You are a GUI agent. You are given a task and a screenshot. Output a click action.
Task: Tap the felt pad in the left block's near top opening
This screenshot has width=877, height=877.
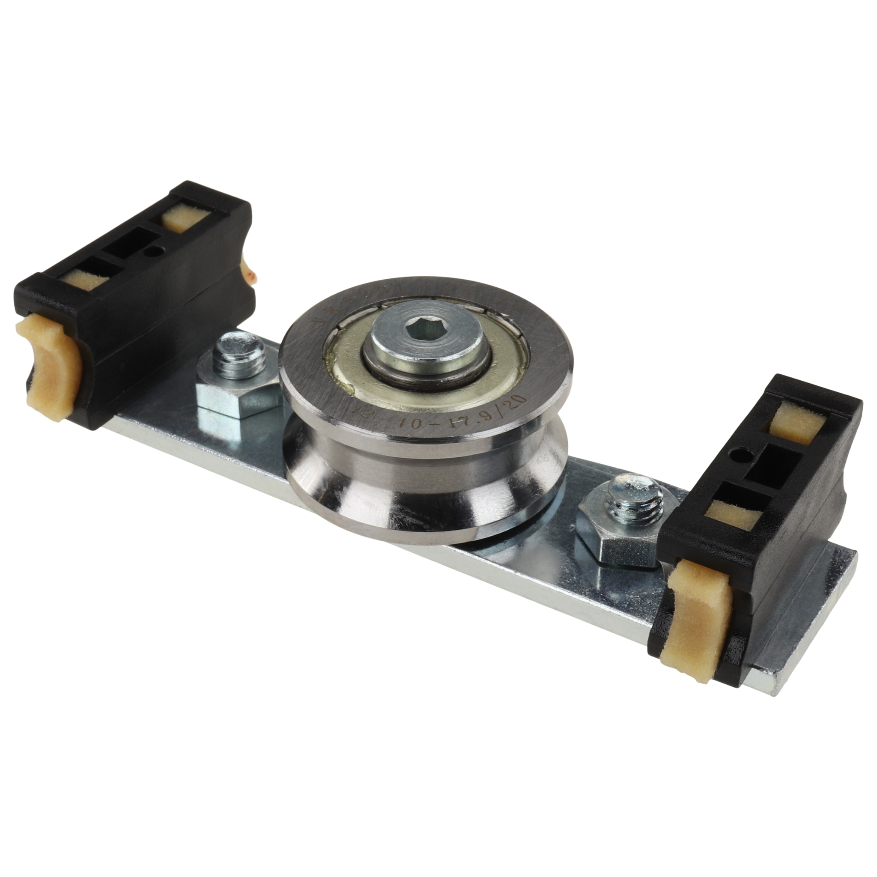point(86,281)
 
